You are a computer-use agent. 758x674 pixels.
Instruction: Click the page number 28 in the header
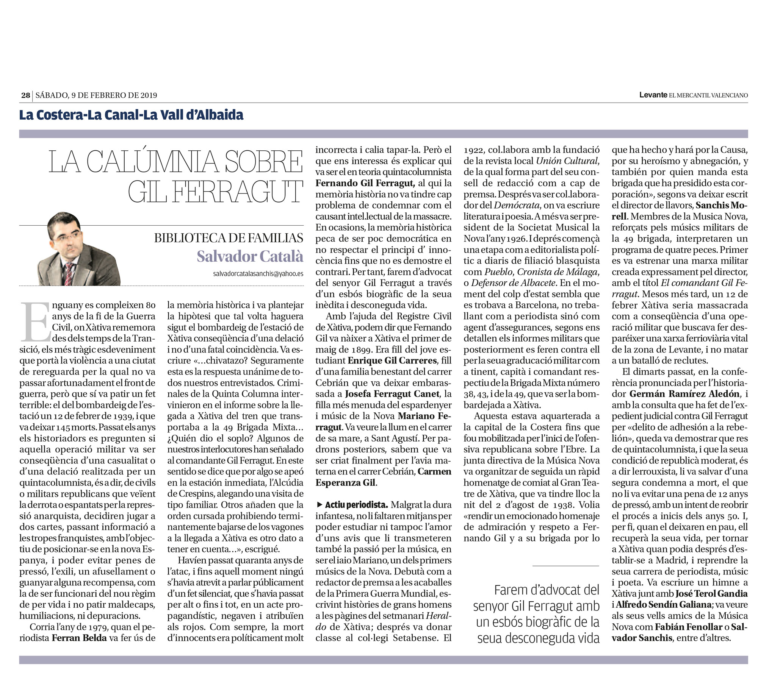tap(25, 95)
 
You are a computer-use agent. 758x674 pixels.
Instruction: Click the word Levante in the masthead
tap(653, 95)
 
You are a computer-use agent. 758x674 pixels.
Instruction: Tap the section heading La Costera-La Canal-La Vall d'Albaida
tap(131, 115)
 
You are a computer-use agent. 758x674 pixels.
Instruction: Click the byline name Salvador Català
tap(250, 256)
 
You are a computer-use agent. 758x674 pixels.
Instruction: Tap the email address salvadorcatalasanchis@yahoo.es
tap(258, 273)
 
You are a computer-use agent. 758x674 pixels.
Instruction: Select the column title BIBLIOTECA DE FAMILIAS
tap(229, 238)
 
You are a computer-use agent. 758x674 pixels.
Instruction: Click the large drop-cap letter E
tap(35, 322)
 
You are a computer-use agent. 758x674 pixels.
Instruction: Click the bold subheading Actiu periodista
tap(356, 505)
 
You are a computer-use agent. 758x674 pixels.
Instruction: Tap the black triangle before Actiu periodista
tap(319, 505)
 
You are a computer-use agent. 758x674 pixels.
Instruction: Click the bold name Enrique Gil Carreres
tap(392, 360)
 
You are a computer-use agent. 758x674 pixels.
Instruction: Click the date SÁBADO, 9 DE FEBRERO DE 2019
tap(96, 95)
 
